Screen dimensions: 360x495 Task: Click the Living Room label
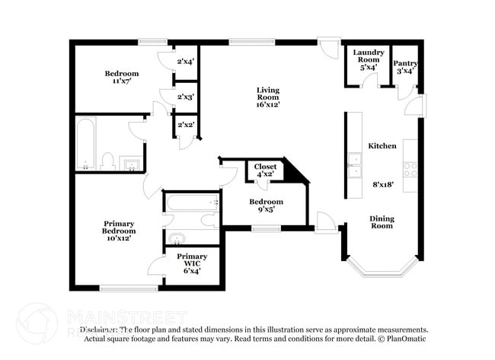point(267,97)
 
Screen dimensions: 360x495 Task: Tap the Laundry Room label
point(368,59)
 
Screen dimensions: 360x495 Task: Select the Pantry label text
point(405,67)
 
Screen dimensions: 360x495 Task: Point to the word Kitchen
point(382,145)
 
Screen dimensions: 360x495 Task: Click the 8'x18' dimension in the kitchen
point(384,184)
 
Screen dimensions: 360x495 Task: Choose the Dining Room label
point(382,222)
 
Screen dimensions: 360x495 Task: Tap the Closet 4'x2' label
point(265,170)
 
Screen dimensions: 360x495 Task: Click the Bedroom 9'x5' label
point(266,205)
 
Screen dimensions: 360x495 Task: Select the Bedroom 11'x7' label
point(121,78)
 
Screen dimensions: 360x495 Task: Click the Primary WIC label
point(191,261)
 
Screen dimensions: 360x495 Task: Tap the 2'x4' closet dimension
point(186,61)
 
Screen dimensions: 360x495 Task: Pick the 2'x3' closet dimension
point(186,97)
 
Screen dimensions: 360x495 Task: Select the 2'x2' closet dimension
point(185,124)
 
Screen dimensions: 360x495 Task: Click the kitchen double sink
point(355,164)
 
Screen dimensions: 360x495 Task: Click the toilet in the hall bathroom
point(108,161)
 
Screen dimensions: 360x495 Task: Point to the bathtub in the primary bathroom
point(192,203)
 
